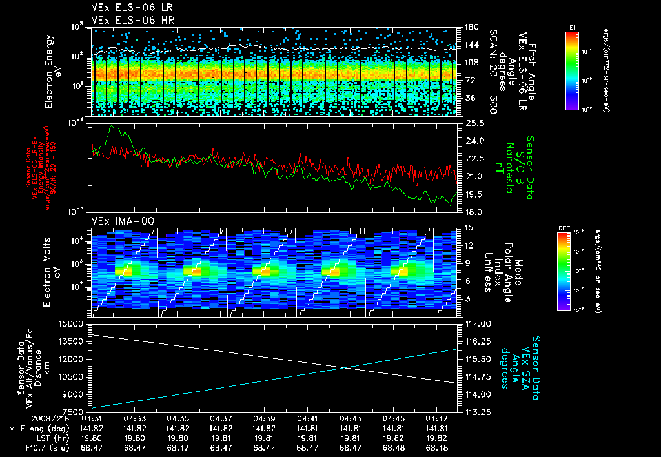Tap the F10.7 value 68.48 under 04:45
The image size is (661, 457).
pyautogui.click(x=394, y=447)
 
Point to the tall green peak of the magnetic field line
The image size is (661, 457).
pyautogui.click(x=114, y=127)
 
